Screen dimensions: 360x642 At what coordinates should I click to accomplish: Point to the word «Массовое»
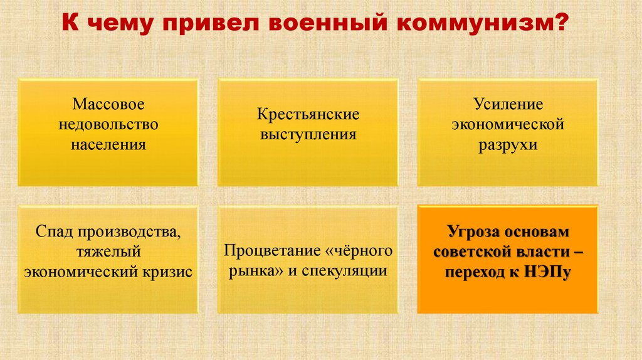[108, 103]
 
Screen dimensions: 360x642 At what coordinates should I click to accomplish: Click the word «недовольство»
[108, 124]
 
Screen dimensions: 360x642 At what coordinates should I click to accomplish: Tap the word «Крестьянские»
[308, 114]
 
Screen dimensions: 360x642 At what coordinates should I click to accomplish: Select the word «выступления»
[308, 134]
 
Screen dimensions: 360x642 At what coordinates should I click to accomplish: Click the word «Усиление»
[508, 103]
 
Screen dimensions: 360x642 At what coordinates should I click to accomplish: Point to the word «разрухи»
[508, 144]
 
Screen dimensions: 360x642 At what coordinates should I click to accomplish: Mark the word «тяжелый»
[108, 251]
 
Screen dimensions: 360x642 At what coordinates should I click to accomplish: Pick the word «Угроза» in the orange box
[473, 231]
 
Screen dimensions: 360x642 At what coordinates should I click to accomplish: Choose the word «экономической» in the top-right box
[508, 124]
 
